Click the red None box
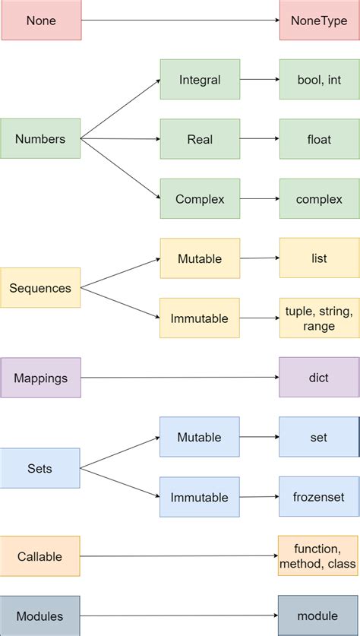click(x=41, y=21)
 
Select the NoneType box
click(x=319, y=21)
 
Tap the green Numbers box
click(x=40, y=139)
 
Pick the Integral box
click(x=200, y=80)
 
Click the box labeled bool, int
click(x=319, y=80)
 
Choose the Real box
click(x=200, y=139)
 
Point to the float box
click(x=319, y=139)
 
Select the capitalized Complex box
click(x=200, y=199)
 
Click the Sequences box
click(x=40, y=288)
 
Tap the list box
click(x=319, y=258)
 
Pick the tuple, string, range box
click(x=319, y=318)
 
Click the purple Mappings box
click(x=41, y=378)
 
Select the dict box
click(x=319, y=378)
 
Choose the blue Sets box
click(x=40, y=468)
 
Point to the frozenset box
click(x=319, y=497)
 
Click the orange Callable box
click(x=41, y=556)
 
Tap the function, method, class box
click(x=319, y=556)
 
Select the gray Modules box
click(x=40, y=615)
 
